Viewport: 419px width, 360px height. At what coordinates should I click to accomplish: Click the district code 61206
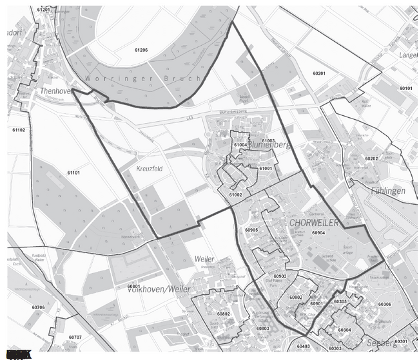point(141,50)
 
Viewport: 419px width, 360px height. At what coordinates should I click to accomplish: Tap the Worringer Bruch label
point(142,77)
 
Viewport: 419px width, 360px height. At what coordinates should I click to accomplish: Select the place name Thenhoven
point(54,91)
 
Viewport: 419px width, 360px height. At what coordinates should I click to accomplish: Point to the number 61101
point(73,173)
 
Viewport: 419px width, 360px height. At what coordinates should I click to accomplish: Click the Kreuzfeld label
point(149,168)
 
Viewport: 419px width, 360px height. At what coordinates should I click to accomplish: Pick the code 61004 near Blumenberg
point(240,145)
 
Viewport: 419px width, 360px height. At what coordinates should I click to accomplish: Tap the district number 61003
point(268,140)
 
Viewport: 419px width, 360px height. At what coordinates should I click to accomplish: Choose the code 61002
point(235,194)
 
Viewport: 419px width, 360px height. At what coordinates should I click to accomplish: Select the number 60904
point(318,232)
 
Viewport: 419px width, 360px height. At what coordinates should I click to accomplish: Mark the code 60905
point(251,230)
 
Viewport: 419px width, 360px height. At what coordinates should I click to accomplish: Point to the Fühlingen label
point(388,191)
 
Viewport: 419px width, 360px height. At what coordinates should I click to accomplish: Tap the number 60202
point(371,158)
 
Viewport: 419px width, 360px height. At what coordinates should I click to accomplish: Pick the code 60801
point(134,285)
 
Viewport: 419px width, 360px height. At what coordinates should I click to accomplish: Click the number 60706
point(38,308)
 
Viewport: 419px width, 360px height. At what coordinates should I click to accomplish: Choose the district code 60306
point(385,304)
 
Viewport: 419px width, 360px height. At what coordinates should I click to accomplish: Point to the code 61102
point(18,130)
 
